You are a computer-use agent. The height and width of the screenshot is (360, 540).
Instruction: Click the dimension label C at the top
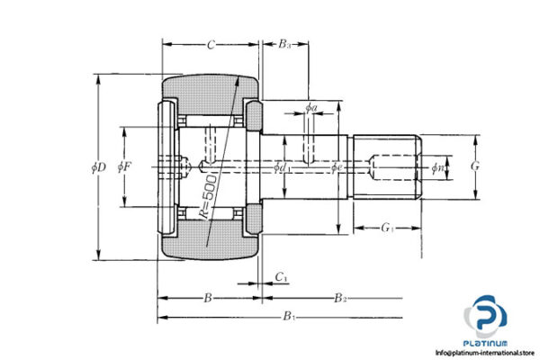(211, 43)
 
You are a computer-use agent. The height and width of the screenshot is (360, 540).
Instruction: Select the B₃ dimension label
(283, 43)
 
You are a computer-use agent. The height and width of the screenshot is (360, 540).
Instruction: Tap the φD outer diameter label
(98, 166)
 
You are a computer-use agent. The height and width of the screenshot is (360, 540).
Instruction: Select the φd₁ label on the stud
(283, 166)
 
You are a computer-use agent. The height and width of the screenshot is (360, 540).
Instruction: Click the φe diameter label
(336, 166)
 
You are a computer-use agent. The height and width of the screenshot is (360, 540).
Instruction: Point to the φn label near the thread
(437, 166)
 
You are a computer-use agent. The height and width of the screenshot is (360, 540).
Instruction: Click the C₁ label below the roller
(281, 276)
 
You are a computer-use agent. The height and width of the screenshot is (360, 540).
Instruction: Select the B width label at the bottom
(206, 296)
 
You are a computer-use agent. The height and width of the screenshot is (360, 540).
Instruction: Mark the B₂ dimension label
(339, 296)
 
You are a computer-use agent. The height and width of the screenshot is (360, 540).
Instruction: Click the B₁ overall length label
(288, 316)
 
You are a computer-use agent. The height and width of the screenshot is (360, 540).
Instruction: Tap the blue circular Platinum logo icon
(485, 318)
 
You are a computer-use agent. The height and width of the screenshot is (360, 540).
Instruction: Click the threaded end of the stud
(387, 166)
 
